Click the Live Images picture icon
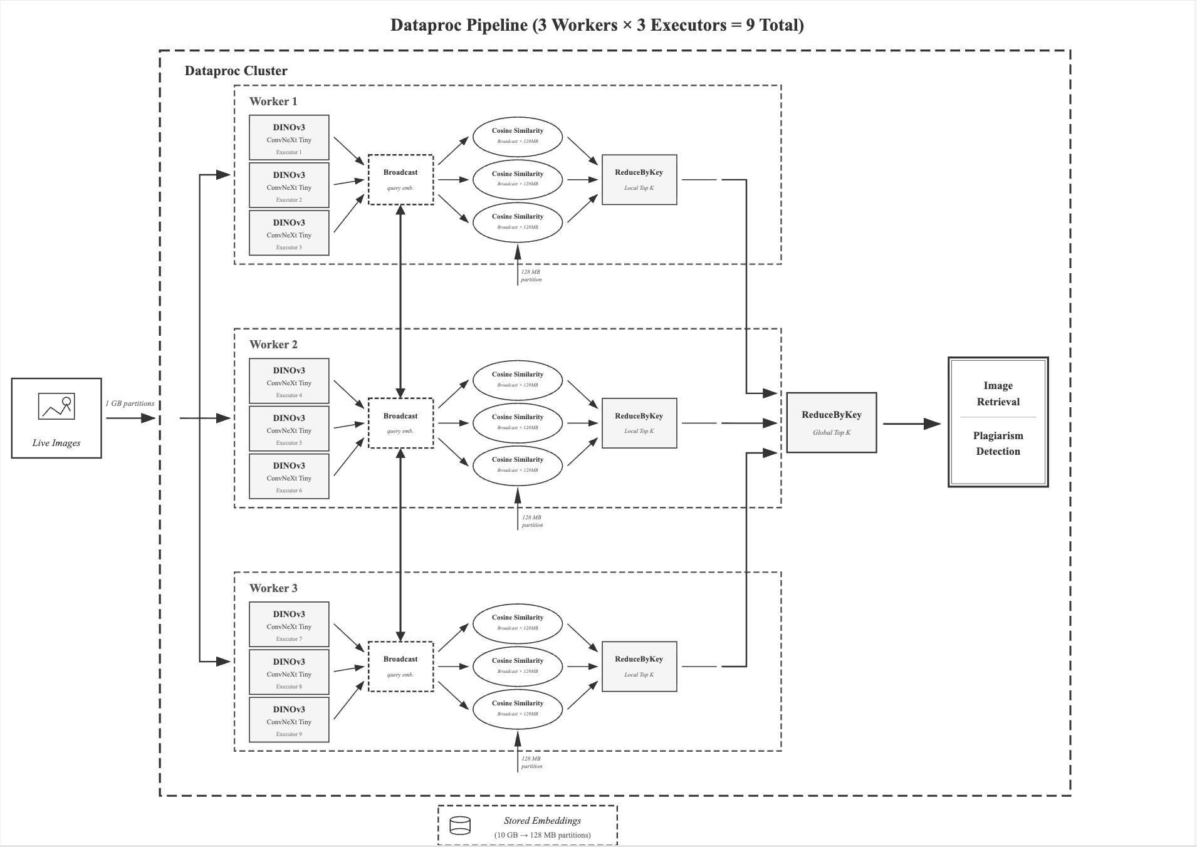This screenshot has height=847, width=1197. tap(56, 406)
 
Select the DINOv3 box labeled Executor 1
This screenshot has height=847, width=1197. tap(289, 137)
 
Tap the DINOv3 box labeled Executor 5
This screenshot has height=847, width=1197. tap(289, 429)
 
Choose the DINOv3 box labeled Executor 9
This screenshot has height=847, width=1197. tap(289, 720)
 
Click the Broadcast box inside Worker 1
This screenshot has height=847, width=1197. tap(400, 179)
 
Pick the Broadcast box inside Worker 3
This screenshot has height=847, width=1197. tap(400, 666)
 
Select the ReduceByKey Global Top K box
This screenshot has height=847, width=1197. tap(831, 423)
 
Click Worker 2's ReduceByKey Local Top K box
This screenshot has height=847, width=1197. tap(639, 423)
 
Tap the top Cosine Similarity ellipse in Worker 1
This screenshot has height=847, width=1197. tap(518, 136)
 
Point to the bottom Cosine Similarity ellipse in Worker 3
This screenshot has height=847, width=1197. tap(518, 709)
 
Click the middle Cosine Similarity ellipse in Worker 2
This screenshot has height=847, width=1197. tap(518, 422)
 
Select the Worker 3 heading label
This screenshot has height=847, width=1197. tap(273, 588)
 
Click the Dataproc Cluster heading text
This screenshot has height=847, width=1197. tap(236, 71)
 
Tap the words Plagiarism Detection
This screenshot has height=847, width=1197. tap(998, 444)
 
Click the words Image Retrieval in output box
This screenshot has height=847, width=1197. tap(998, 393)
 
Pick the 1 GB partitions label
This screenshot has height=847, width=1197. tap(130, 403)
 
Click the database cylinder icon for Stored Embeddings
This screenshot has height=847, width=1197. tap(460, 826)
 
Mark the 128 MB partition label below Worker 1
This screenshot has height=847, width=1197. tap(531, 276)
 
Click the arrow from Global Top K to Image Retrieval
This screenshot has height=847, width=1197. tap(911, 424)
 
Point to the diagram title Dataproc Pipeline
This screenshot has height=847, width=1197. tap(597, 25)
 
